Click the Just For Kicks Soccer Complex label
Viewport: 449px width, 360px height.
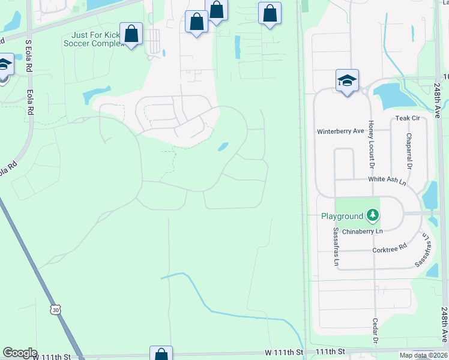[93, 38]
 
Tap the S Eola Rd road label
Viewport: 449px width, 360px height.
[28, 58]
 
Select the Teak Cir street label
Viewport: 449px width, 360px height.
[407, 119]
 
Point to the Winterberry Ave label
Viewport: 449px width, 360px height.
[340, 131]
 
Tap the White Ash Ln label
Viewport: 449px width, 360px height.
[387, 179]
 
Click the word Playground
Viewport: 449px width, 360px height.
[342, 216]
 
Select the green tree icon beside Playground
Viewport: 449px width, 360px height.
[373, 214]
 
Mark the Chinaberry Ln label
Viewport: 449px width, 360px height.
[362, 231]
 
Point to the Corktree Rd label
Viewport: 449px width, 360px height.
[390, 245]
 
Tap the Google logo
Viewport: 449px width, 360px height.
[20, 353]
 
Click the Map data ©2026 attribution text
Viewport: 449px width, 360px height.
[424, 355]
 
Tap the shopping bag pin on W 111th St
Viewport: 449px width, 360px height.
[161, 354]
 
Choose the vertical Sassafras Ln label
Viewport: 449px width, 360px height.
[336, 247]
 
